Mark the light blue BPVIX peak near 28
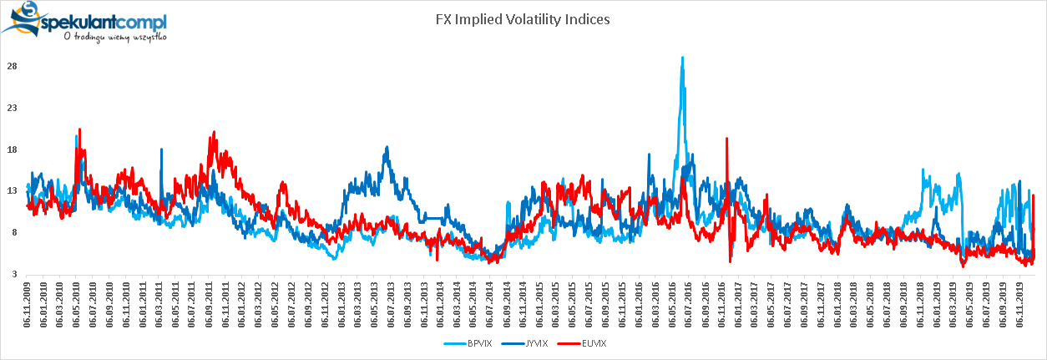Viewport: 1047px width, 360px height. point(682,58)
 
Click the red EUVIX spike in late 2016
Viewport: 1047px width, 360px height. point(726,139)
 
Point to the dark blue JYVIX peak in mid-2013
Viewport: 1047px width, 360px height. point(387,148)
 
